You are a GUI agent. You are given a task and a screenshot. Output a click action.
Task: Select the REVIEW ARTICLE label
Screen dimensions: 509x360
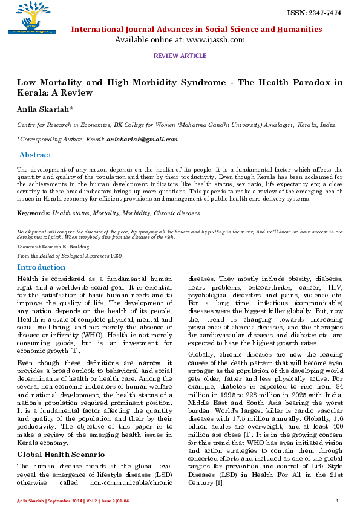180,56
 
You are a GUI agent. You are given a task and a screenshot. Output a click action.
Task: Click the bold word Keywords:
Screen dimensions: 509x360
33,213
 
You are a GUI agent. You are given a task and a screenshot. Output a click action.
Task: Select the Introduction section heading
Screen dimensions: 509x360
41,267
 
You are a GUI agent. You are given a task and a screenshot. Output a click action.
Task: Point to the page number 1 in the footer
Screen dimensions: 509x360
337,501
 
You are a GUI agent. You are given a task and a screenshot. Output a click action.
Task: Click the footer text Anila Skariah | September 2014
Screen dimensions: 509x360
48,501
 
